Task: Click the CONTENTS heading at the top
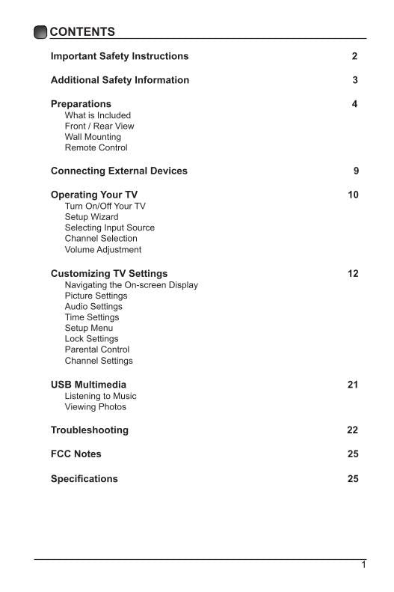[x=82, y=31]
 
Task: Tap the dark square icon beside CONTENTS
[x=40, y=31]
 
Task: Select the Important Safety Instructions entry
[x=120, y=56]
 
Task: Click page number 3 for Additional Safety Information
[x=355, y=80]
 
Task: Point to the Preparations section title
[x=81, y=104]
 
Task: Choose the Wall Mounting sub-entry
[x=93, y=137]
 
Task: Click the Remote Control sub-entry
[x=96, y=147]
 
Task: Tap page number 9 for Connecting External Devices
[x=356, y=171]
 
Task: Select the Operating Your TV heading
[x=94, y=195]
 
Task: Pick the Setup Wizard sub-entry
[x=91, y=217]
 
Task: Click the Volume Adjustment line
[x=102, y=249]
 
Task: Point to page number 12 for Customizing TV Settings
[x=353, y=273]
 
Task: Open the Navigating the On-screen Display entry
[x=132, y=285]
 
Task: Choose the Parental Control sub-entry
[x=96, y=350]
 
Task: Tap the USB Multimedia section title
[x=88, y=385]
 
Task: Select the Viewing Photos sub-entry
[x=95, y=407]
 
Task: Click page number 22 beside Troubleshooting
[x=353, y=430]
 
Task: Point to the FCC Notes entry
[x=76, y=454]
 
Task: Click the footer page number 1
[x=363, y=565]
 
